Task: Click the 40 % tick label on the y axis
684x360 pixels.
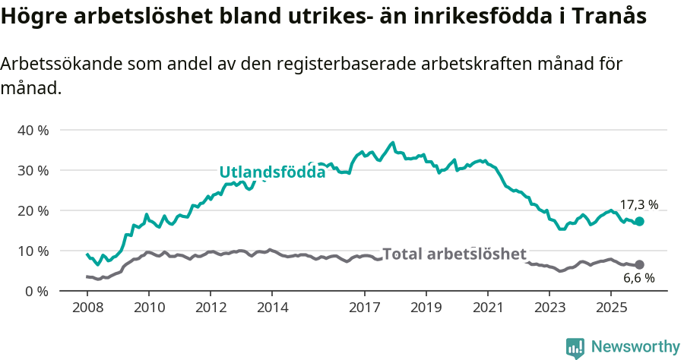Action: pyautogui.click(x=32, y=130)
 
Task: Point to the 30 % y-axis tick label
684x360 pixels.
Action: pyautogui.click(x=32, y=170)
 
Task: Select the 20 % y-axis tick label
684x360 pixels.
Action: pyautogui.click(x=32, y=210)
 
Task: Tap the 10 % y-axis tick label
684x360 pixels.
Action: pyautogui.click(x=32, y=251)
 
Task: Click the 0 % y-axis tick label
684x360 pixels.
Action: pyautogui.click(x=36, y=291)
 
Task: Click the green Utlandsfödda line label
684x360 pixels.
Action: pyautogui.click(x=272, y=172)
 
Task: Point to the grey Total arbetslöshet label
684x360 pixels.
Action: pyautogui.click(x=454, y=254)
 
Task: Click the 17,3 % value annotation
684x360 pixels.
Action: pyautogui.click(x=638, y=204)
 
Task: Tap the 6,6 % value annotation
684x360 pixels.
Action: pyautogui.click(x=638, y=279)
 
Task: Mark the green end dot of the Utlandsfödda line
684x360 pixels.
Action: pyautogui.click(x=639, y=221)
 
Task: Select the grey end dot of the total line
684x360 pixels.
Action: pyautogui.click(x=639, y=264)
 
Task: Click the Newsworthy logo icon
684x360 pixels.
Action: pyautogui.click(x=575, y=348)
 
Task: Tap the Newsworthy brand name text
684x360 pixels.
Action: pyautogui.click(x=635, y=347)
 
